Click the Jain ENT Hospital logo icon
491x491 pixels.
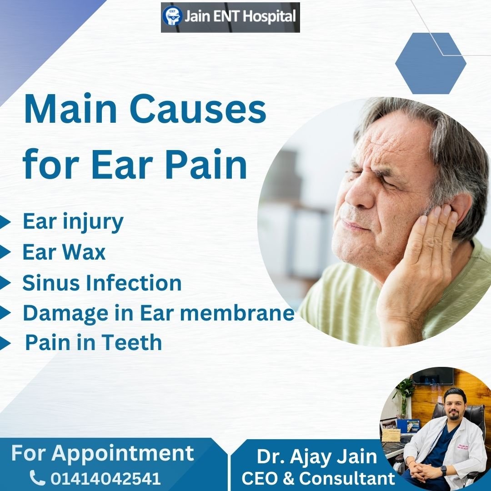[172, 16]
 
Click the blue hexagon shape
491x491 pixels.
[431, 63]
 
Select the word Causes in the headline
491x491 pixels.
[198, 109]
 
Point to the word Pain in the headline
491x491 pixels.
[206, 165]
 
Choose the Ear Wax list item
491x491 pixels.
[64, 252]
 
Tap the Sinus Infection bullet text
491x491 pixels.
[102, 283]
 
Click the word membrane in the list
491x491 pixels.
[237, 312]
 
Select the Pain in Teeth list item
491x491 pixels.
[93, 342]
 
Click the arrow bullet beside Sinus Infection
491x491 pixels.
[5, 283]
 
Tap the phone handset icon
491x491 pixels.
[38, 477]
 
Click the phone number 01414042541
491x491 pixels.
[105, 478]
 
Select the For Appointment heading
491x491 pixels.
[102, 453]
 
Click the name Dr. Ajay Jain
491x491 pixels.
[317, 456]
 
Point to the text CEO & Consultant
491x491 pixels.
[318, 478]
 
